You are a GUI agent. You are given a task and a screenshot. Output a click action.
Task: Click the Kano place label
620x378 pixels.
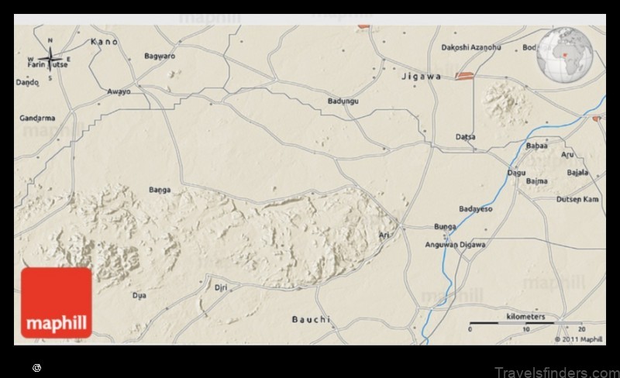click(x=104, y=41)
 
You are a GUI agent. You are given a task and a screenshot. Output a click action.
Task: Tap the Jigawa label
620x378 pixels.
click(x=422, y=76)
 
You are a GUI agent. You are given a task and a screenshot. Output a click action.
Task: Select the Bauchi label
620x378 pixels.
click(x=311, y=319)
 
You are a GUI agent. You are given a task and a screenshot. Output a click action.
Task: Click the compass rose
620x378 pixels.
click(x=50, y=59)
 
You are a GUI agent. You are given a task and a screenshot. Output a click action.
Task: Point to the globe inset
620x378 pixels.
click(x=568, y=56)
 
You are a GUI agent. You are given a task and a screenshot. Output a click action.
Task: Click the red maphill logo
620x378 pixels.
click(x=56, y=303)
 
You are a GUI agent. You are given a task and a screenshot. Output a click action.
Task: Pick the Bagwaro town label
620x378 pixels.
click(x=160, y=56)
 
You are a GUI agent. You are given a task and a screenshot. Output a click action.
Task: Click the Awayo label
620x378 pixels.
click(x=119, y=91)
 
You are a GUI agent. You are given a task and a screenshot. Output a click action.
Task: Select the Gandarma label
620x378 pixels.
click(x=37, y=119)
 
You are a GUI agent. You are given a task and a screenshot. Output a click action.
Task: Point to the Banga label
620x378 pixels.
click(x=159, y=189)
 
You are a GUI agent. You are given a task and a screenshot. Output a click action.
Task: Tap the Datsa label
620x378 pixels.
click(x=465, y=137)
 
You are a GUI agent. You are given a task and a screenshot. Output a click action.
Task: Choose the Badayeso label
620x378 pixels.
click(x=476, y=208)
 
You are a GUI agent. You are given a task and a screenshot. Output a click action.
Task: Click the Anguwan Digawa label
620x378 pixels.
click(x=456, y=245)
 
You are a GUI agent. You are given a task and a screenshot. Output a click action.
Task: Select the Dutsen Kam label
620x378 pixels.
click(x=578, y=199)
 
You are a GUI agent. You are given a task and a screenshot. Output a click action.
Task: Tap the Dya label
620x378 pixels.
click(x=139, y=295)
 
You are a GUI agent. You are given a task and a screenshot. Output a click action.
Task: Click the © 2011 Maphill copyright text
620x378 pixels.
click(x=578, y=338)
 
